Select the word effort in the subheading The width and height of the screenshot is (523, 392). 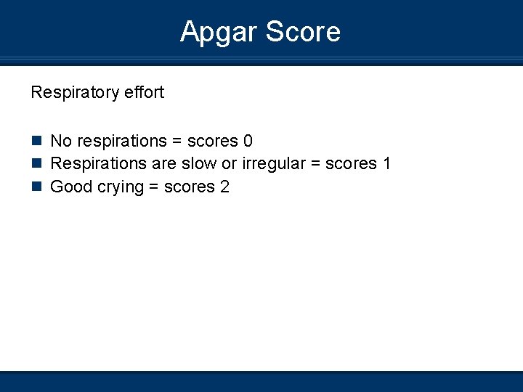pos(144,92)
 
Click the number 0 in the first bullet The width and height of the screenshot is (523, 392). pos(248,140)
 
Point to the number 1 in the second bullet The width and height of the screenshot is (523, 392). pos(386,163)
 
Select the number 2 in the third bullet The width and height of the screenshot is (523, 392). pos(224,187)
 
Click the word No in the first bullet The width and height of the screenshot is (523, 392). pos(61,140)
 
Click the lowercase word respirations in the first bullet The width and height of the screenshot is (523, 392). pos(122,141)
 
